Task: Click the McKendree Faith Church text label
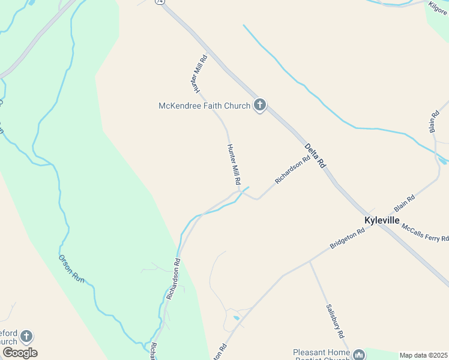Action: point(204,106)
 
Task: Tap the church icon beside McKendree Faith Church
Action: point(260,106)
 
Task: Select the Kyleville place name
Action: point(382,220)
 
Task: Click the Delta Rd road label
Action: point(314,155)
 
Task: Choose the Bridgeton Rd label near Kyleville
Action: point(348,239)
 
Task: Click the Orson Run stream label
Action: point(70,268)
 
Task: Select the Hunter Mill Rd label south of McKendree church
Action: point(234,164)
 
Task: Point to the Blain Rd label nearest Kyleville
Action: point(405,202)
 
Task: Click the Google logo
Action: point(20,352)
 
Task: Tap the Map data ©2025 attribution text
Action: point(423,355)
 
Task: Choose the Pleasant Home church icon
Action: point(359,355)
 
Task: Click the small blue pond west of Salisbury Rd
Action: point(237,317)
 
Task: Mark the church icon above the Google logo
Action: point(26,337)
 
